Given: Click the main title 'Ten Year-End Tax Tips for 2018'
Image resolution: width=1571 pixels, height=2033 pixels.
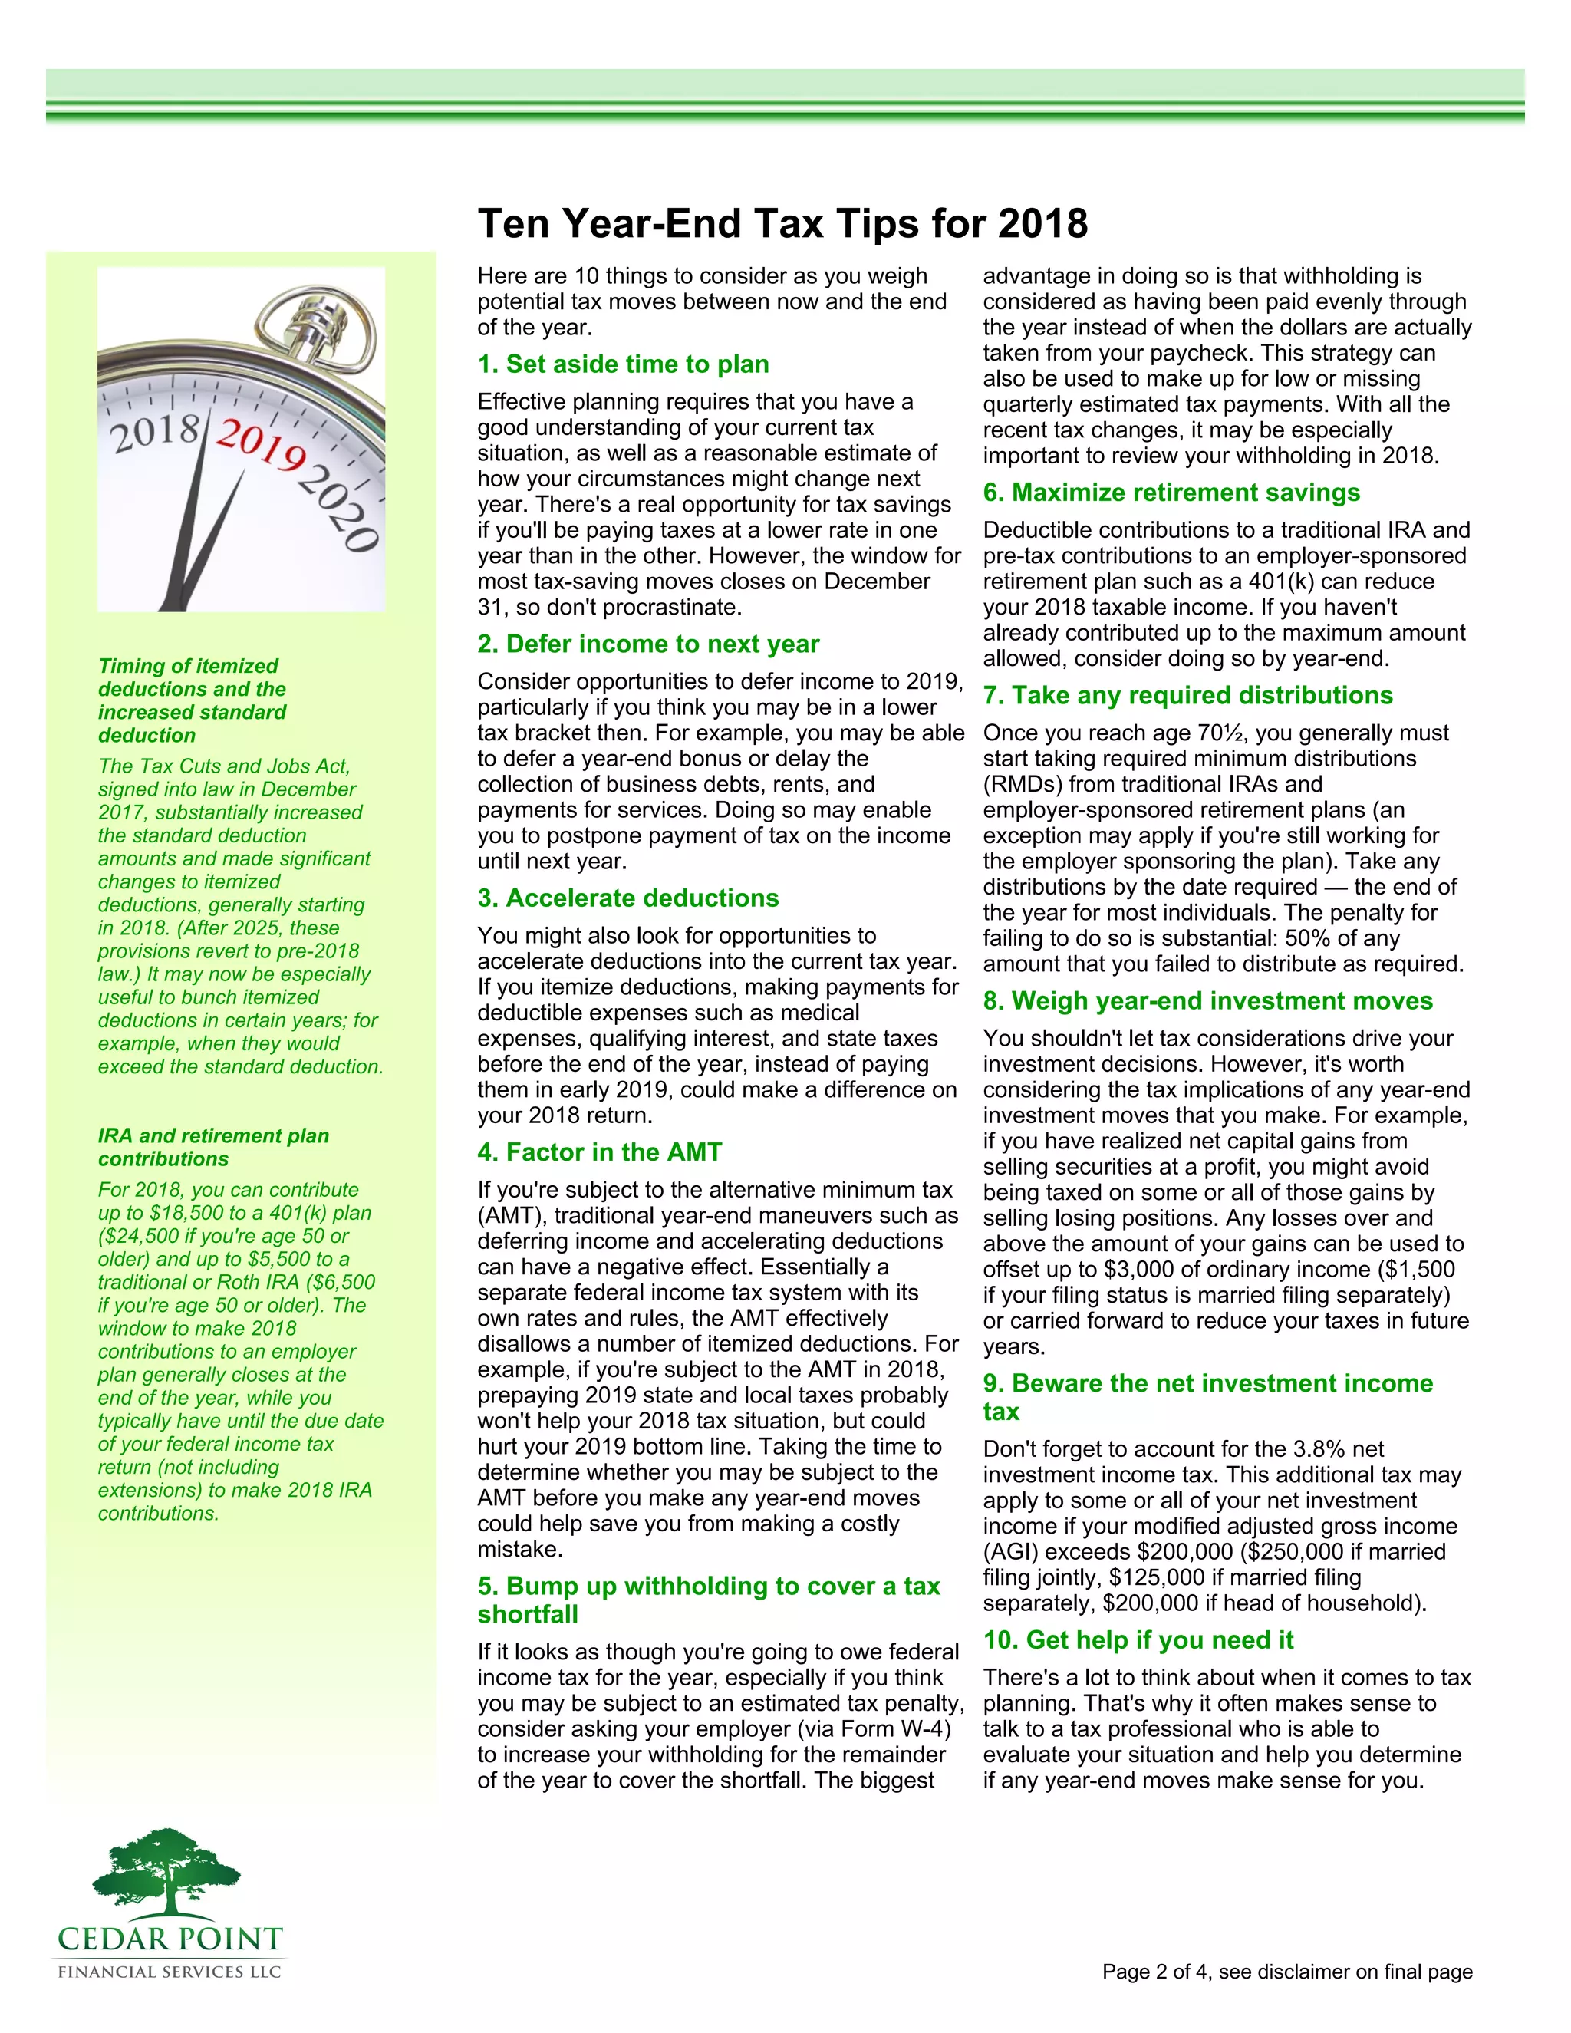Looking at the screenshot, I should click(x=782, y=224).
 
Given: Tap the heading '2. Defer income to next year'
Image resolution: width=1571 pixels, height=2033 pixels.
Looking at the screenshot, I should click(x=647, y=644).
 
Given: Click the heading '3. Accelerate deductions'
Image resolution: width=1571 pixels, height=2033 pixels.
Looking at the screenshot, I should click(x=628, y=898).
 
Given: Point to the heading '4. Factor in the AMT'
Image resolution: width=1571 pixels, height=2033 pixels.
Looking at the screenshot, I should click(x=599, y=1152).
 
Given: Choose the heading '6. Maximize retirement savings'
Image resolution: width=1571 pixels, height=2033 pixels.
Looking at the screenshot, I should click(x=1171, y=493).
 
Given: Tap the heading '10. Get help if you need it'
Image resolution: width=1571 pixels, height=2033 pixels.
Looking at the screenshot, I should click(x=1138, y=1640).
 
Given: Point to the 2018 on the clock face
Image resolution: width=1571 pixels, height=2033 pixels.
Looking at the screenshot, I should click(x=154, y=433).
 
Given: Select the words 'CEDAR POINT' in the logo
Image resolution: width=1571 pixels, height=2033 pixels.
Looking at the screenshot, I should click(x=170, y=1939).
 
